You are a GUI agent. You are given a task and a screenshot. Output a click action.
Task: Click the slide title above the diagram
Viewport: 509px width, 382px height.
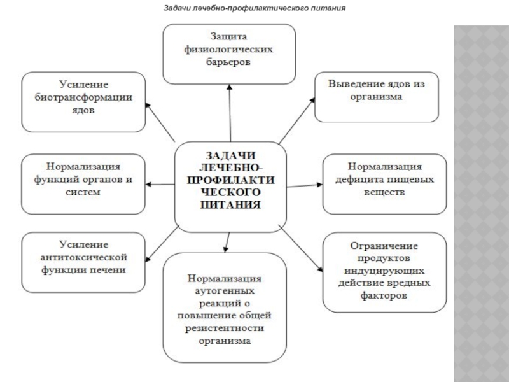coord(254,10)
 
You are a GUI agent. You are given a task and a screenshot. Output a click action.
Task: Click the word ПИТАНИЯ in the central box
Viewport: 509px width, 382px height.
coord(230,206)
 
